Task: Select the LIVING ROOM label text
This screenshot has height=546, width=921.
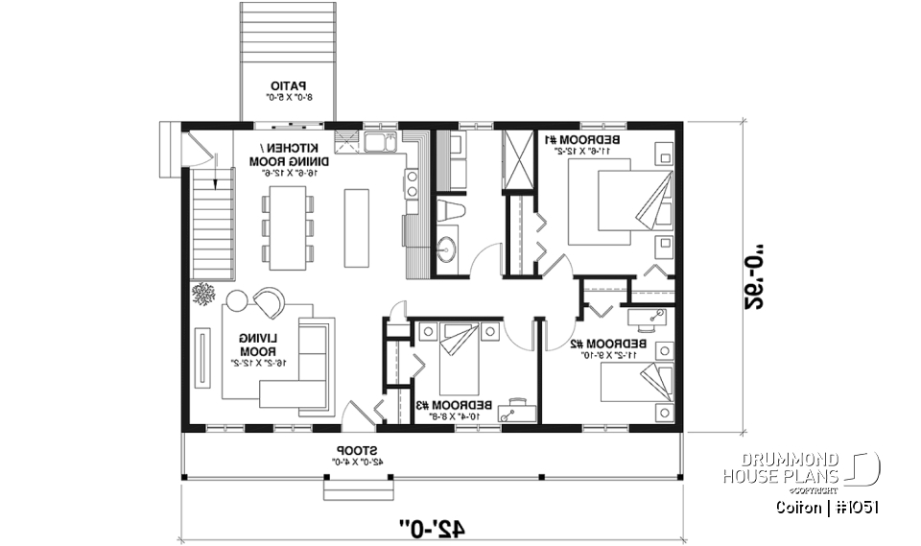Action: (259, 344)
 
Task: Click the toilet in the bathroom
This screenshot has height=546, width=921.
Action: (449, 211)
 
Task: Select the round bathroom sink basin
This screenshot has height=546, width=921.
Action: (447, 251)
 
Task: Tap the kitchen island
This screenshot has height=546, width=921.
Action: (357, 226)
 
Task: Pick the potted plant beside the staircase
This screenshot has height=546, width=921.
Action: (203, 294)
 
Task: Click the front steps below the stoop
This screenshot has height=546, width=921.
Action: (350, 490)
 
